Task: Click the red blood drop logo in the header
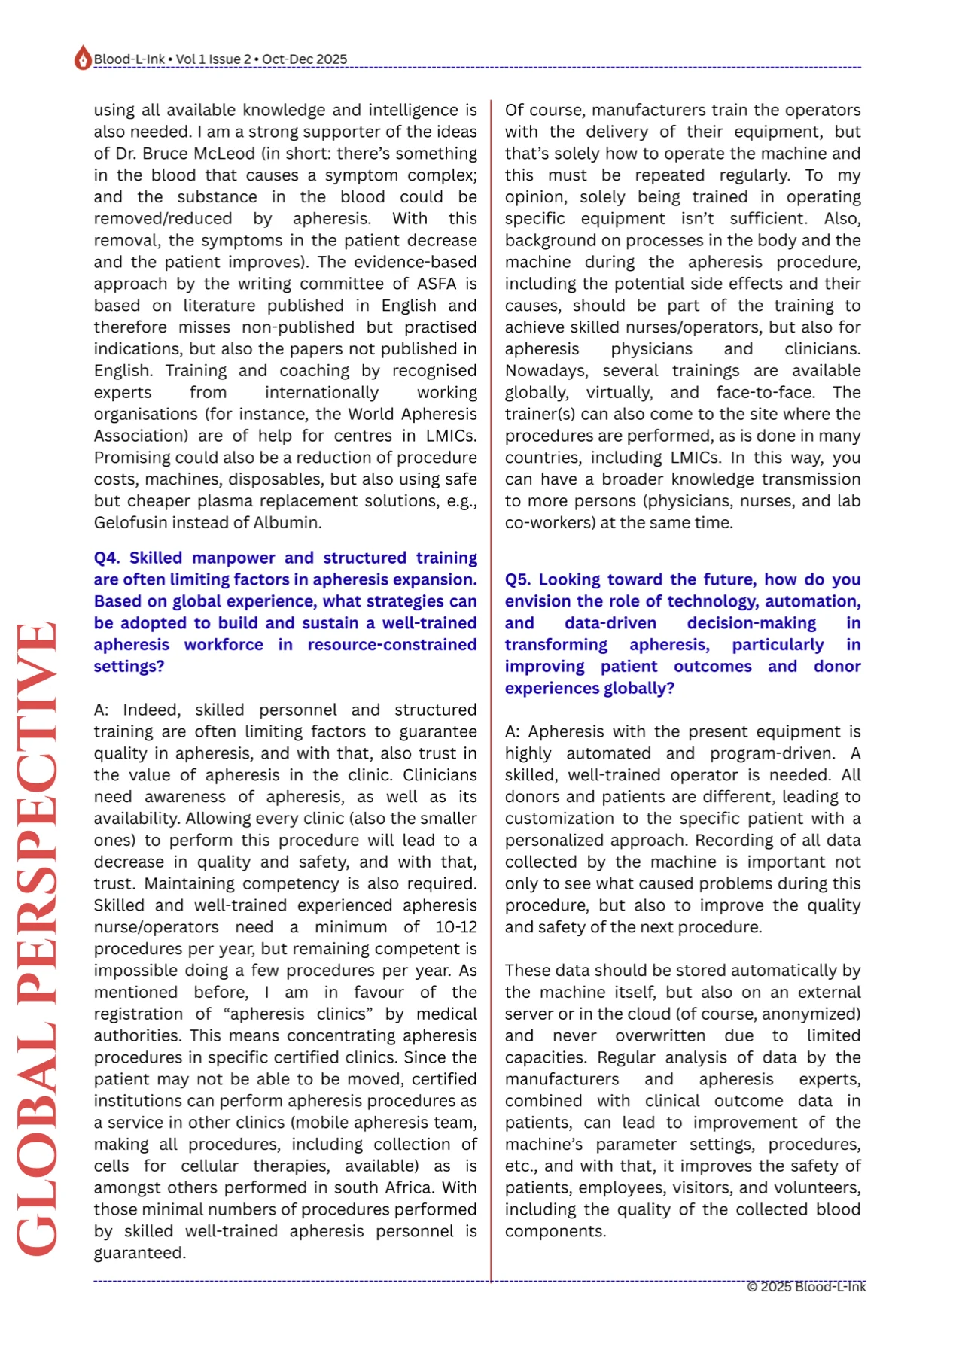(82, 58)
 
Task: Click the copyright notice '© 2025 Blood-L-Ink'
(805, 1286)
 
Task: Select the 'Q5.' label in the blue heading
(519, 579)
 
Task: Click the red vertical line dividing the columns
(491, 677)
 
